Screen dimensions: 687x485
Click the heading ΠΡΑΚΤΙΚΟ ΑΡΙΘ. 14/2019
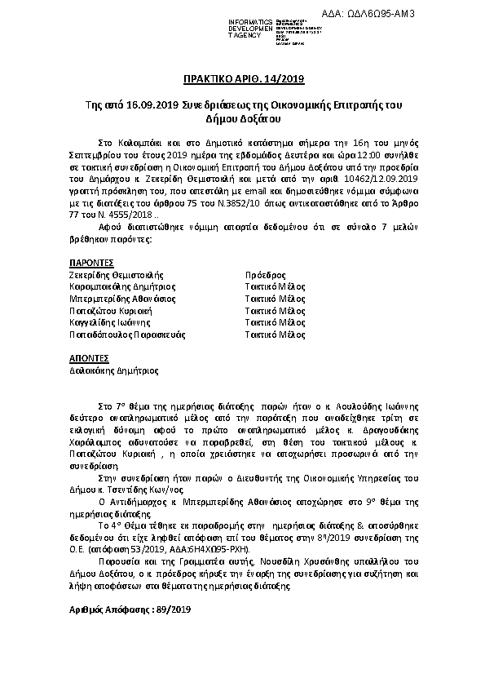tap(242, 78)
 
